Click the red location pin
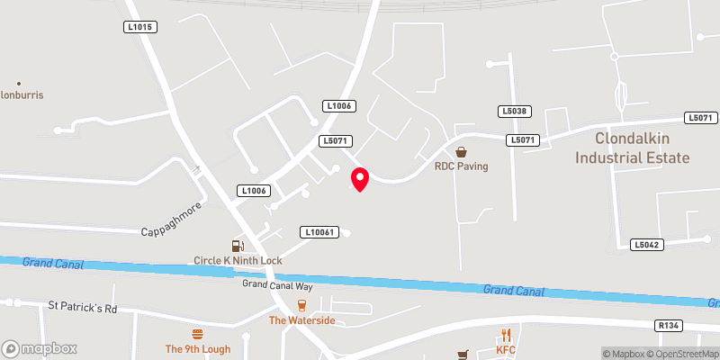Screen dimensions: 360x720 coord(360,179)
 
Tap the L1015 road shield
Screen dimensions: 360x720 coord(140,28)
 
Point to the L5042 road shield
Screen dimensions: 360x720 coord(647,244)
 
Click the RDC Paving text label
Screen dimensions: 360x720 coord(461,166)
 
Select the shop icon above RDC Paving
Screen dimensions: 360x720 coord(461,152)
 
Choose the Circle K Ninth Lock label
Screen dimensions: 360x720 coord(238,260)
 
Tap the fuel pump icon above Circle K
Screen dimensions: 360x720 coord(238,245)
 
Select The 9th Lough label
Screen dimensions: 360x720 coord(198,349)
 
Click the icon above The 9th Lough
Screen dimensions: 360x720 coord(198,336)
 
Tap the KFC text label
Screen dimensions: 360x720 coord(505,349)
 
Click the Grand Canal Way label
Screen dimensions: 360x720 coord(277,285)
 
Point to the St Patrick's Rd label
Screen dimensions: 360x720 coord(82,308)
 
